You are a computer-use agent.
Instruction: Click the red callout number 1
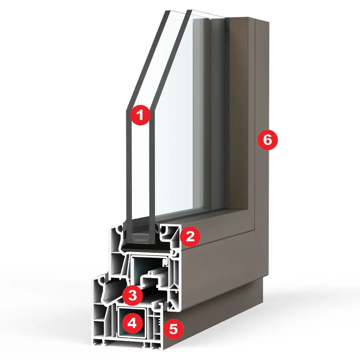click(x=140, y=115)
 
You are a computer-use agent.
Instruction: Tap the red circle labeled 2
click(x=190, y=236)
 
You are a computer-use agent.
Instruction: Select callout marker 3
click(x=132, y=295)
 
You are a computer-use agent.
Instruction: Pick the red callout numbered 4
click(x=132, y=324)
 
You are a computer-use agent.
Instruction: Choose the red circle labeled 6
click(x=267, y=140)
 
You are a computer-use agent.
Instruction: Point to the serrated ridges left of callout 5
click(x=158, y=318)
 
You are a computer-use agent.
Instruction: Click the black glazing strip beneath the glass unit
click(x=147, y=247)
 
